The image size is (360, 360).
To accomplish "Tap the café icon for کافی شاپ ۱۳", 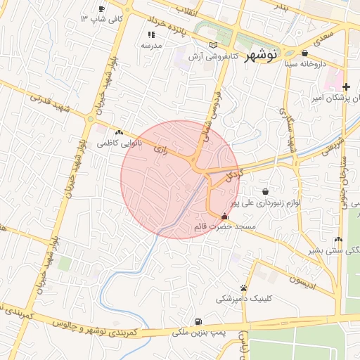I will (x=102, y=9).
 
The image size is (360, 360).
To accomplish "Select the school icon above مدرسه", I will (x=151, y=34).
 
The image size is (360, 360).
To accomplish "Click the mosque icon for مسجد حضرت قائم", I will (x=224, y=217).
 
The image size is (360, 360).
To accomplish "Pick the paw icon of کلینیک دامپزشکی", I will (x=243, y=288).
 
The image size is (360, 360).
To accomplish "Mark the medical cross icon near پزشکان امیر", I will (x=346, y=86).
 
